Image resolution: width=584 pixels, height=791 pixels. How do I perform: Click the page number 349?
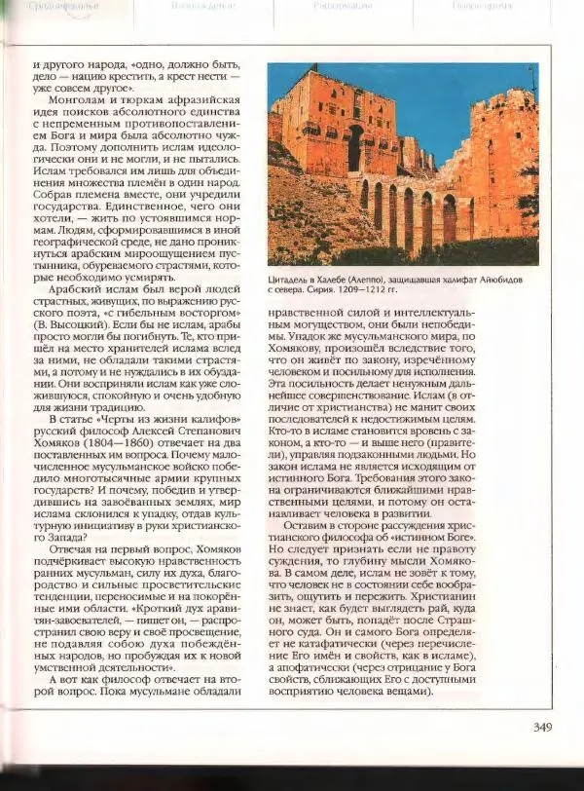click(542, 725)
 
